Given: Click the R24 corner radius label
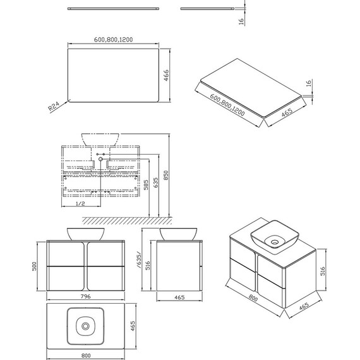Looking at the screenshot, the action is coord(54,106).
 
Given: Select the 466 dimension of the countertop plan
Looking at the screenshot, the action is coord(166,75).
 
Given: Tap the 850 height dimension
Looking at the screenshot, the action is coord(166,175).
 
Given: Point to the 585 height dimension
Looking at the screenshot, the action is coord(146,185).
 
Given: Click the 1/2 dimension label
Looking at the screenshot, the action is coord(80,203).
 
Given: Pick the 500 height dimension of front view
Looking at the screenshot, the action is coord(34,267).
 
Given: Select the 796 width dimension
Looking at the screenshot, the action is coord(86,296).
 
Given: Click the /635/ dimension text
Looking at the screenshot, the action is coord(140,260).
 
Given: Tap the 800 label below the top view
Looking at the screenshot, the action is coord(86,356).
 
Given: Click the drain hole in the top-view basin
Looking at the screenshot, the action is coord(86,326).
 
